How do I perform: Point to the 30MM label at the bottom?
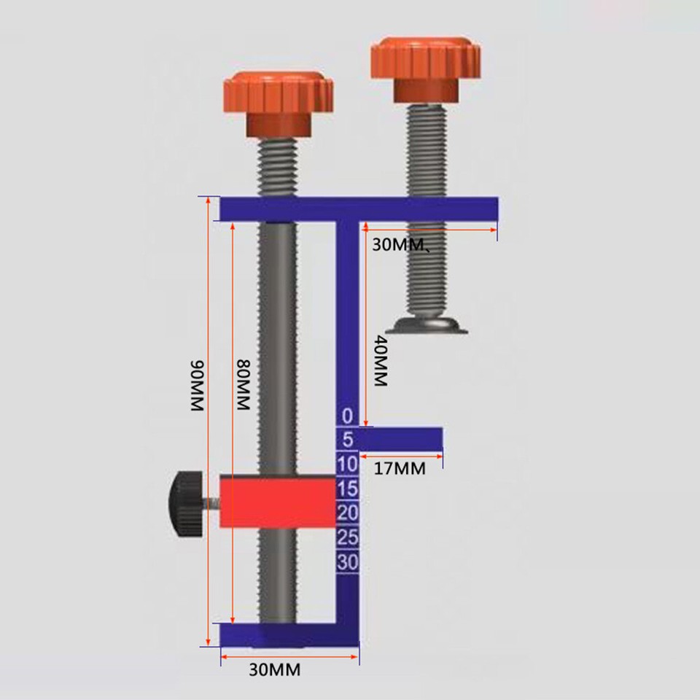tap(275, 669)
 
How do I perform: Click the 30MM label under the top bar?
tap(398, 245)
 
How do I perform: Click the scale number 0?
tap(347, 416)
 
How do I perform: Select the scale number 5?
tap(347, 440)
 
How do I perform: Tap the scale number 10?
tap(347, 464)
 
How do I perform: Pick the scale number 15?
tap(347, 489)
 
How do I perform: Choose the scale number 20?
tap(347, 513)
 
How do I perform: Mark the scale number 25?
tap(347, 538)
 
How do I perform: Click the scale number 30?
tap(347, 562)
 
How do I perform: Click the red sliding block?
tap(277, 501)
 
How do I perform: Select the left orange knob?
tap(276, 95)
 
